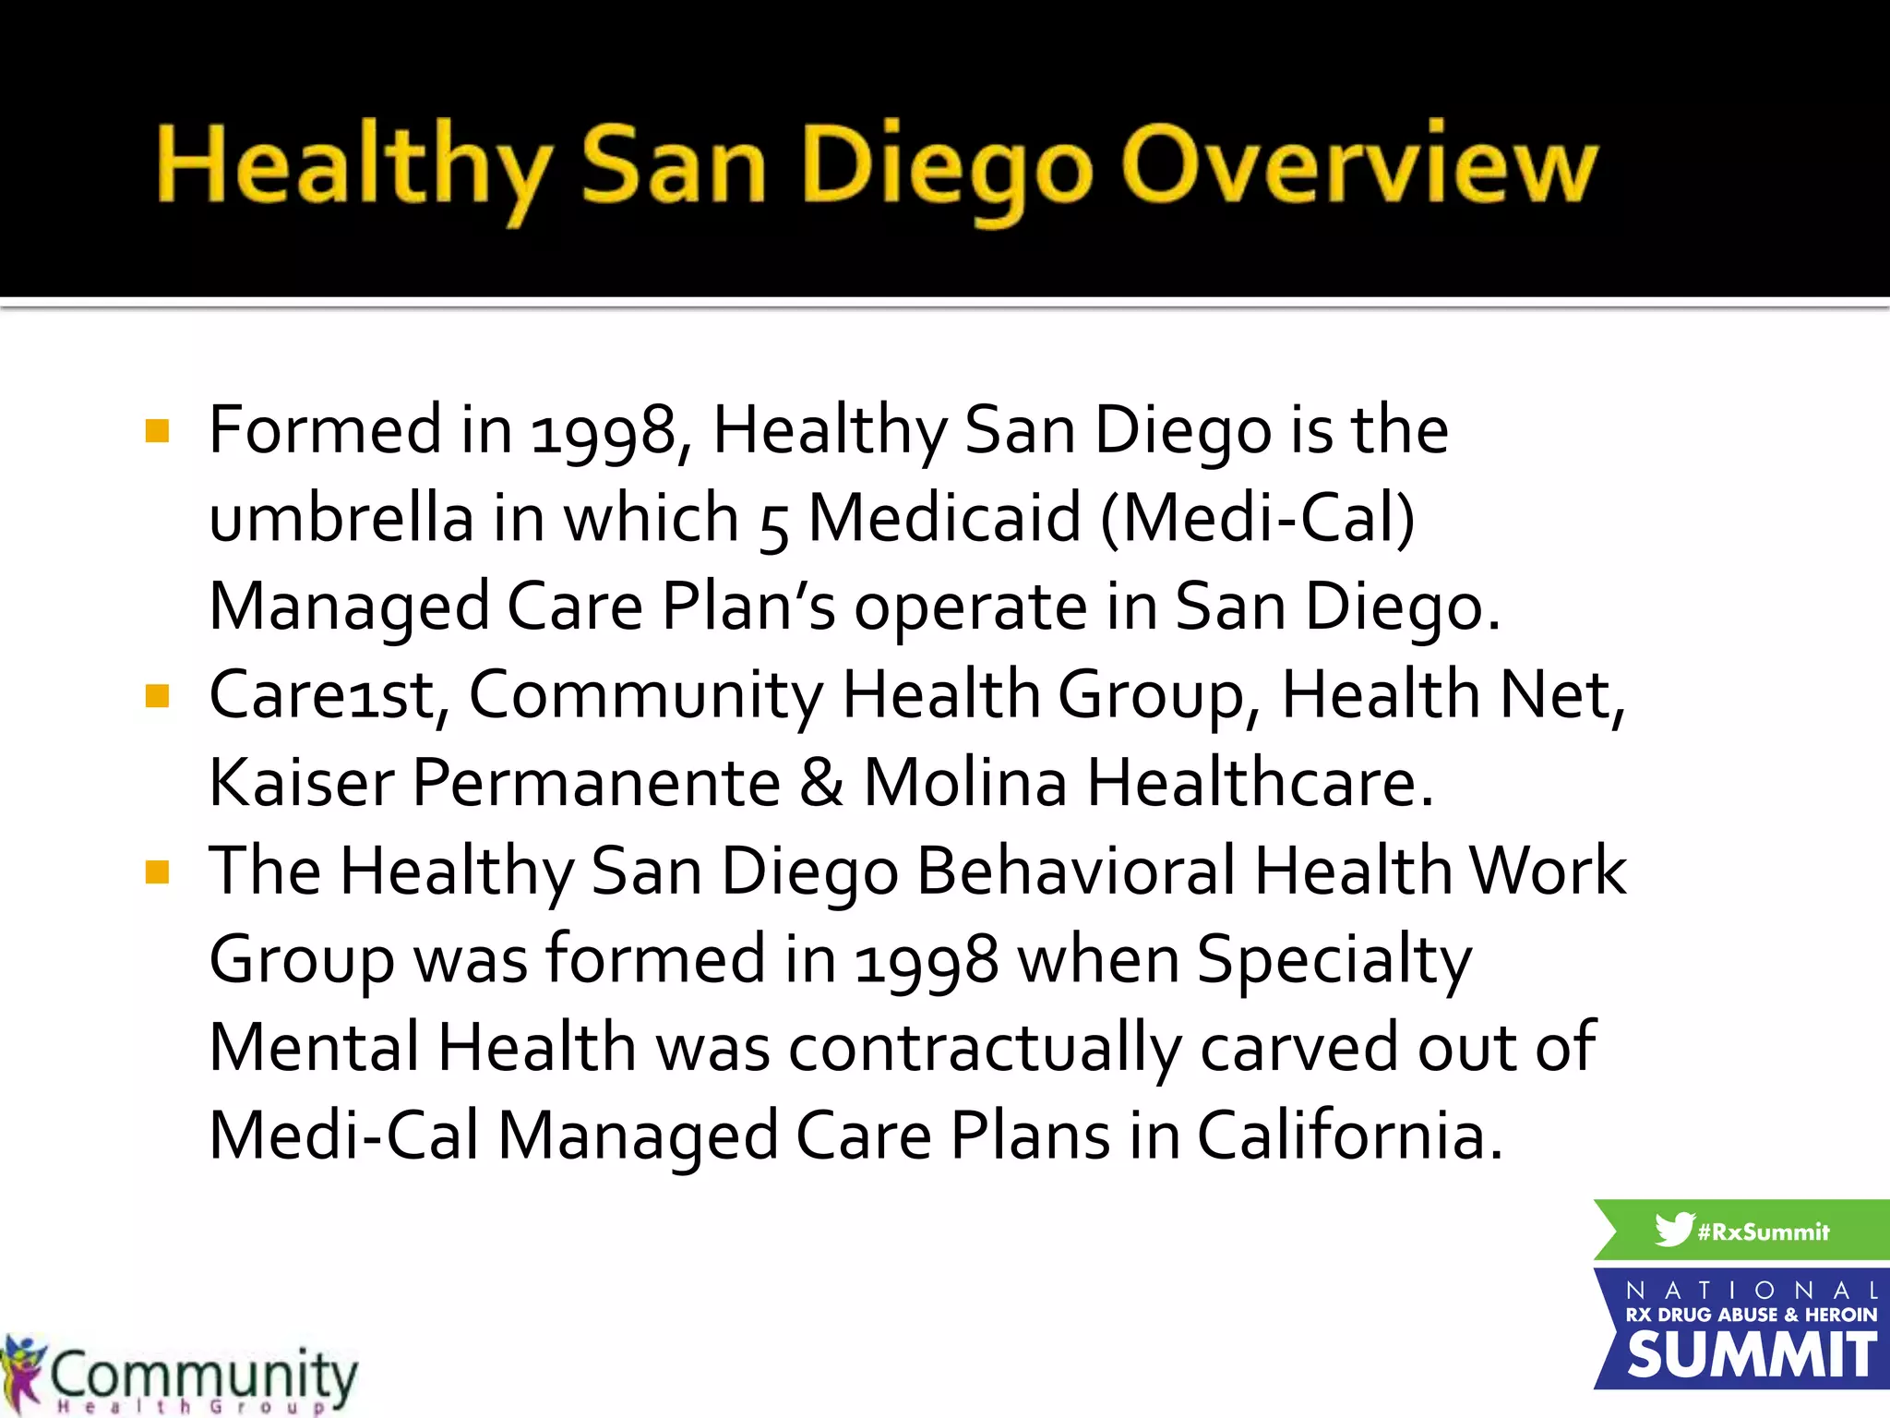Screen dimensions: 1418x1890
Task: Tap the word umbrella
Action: click(341, 518)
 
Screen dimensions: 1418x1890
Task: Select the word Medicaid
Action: click(944, 518)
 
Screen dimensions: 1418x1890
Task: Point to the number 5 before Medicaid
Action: click(773, 526)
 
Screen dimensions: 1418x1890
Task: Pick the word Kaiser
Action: click(301, 783)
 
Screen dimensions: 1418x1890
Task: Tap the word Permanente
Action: click(596, 783)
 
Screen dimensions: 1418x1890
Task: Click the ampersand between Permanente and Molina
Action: click(821, 783)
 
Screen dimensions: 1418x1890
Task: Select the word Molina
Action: click(964, 783)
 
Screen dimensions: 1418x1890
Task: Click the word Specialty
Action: click(1334, 960)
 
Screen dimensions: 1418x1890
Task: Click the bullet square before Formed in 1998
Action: click(158, 431)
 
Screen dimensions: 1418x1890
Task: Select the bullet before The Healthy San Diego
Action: click(158, 871)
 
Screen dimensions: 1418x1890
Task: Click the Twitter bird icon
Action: click(1673, 1230)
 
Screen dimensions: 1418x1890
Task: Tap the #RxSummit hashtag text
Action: click(1764, 1232)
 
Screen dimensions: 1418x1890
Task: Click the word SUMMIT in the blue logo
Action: click(1751, 1355)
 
